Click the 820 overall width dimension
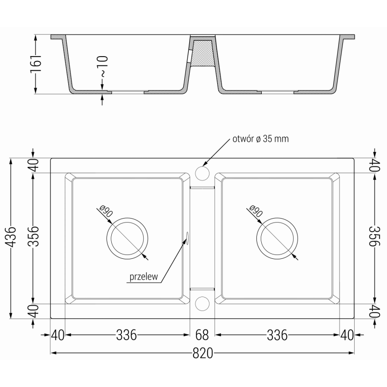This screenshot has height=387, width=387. [x=203, y=354]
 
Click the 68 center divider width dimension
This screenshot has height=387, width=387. [x=202, y=334]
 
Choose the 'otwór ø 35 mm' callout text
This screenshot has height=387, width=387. [x=260, y=139]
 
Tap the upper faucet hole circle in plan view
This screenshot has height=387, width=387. [x=202, y=173]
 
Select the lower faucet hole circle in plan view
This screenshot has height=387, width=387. [x=202, y=303]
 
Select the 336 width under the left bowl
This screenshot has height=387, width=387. [x=126, y=334]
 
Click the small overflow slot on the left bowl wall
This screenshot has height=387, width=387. [x=187, y=236]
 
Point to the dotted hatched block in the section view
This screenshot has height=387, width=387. [x=202, y=53]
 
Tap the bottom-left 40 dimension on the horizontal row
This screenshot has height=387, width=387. [x=58, y=334]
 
